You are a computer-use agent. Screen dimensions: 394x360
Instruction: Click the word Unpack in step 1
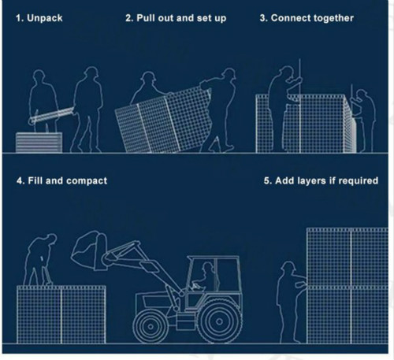coord(45,18)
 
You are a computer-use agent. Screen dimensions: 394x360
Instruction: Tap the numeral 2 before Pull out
coord(128,18)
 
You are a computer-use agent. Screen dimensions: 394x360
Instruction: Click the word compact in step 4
coord(87,181)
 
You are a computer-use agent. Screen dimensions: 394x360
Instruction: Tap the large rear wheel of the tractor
coord(219,321)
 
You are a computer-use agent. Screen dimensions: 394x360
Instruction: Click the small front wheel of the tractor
coord(151,326)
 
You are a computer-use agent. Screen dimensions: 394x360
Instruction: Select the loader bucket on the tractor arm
coord(89,251)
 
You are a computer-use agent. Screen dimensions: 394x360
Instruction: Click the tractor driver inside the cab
coord(205,277)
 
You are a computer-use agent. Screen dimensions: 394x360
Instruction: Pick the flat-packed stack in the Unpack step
coord(39,143)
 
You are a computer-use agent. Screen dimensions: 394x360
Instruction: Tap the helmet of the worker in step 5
coord(288,265)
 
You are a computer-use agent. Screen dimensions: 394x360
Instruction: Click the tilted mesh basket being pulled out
coord(163,121)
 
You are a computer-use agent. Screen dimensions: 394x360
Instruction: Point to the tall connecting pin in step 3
coord(299,106)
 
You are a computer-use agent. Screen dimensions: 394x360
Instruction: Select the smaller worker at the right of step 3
coord(363,121)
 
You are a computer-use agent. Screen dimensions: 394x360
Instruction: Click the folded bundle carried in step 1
coord(51,116)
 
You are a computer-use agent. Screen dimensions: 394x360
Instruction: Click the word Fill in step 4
coord(35,180)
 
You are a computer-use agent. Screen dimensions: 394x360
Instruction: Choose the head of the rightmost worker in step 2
coord(229,73)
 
